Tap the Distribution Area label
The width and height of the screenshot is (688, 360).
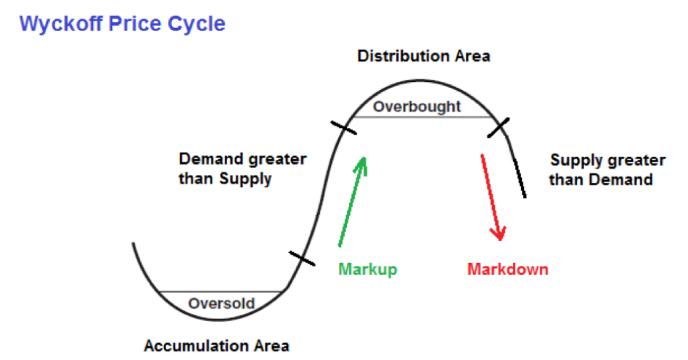point(424,56)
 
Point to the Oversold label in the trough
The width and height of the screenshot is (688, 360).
point(221,303)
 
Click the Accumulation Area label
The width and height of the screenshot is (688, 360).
point(217,346)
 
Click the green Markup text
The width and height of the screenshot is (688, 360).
point(368,269)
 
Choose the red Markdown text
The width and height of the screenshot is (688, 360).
point(507,269)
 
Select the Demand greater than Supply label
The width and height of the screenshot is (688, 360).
point(243,169)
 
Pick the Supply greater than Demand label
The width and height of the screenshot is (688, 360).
point(607,170)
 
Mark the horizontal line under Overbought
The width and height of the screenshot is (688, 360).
point(424,117)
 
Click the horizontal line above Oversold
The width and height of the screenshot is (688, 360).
point(221,292)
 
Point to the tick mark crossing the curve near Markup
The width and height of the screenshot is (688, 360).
point(302,259)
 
